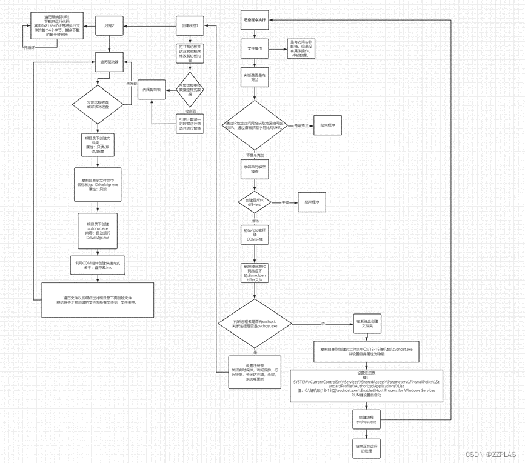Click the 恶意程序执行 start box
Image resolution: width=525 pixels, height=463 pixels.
coord(255,20)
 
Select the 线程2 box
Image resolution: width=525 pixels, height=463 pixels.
coord(110,26)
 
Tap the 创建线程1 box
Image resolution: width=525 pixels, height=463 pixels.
coord(189,26)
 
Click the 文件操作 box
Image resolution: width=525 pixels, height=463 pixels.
coord(255,48)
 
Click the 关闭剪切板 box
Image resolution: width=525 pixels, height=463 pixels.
coord(151,90)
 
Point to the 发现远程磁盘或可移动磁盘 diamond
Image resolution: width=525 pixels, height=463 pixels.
coord(98,104)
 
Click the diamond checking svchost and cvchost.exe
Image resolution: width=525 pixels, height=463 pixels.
coord(255,324)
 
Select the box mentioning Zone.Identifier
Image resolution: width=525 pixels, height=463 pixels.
coord(255,272)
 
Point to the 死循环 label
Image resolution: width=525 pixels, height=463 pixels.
coord(30,47)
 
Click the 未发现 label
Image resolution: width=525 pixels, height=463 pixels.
coord(132,83)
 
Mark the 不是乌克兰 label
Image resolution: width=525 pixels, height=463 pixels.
coord(255,155)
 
